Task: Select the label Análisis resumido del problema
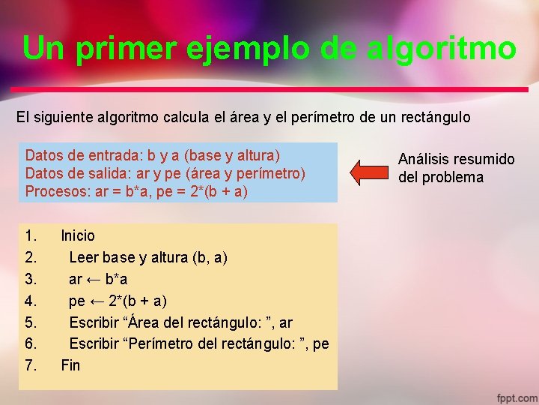(x=456, y=168)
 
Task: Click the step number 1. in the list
(x=31, y=235)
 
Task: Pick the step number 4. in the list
(x=31, y=301)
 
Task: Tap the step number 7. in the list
(x=31, y=365)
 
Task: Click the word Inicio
(x=78, y=235)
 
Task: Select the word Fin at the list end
(x=70, y=365)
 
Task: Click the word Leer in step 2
(x=84, y=257)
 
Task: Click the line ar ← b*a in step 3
(x=98, y=279)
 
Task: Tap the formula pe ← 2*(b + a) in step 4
(x=118, y=301)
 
